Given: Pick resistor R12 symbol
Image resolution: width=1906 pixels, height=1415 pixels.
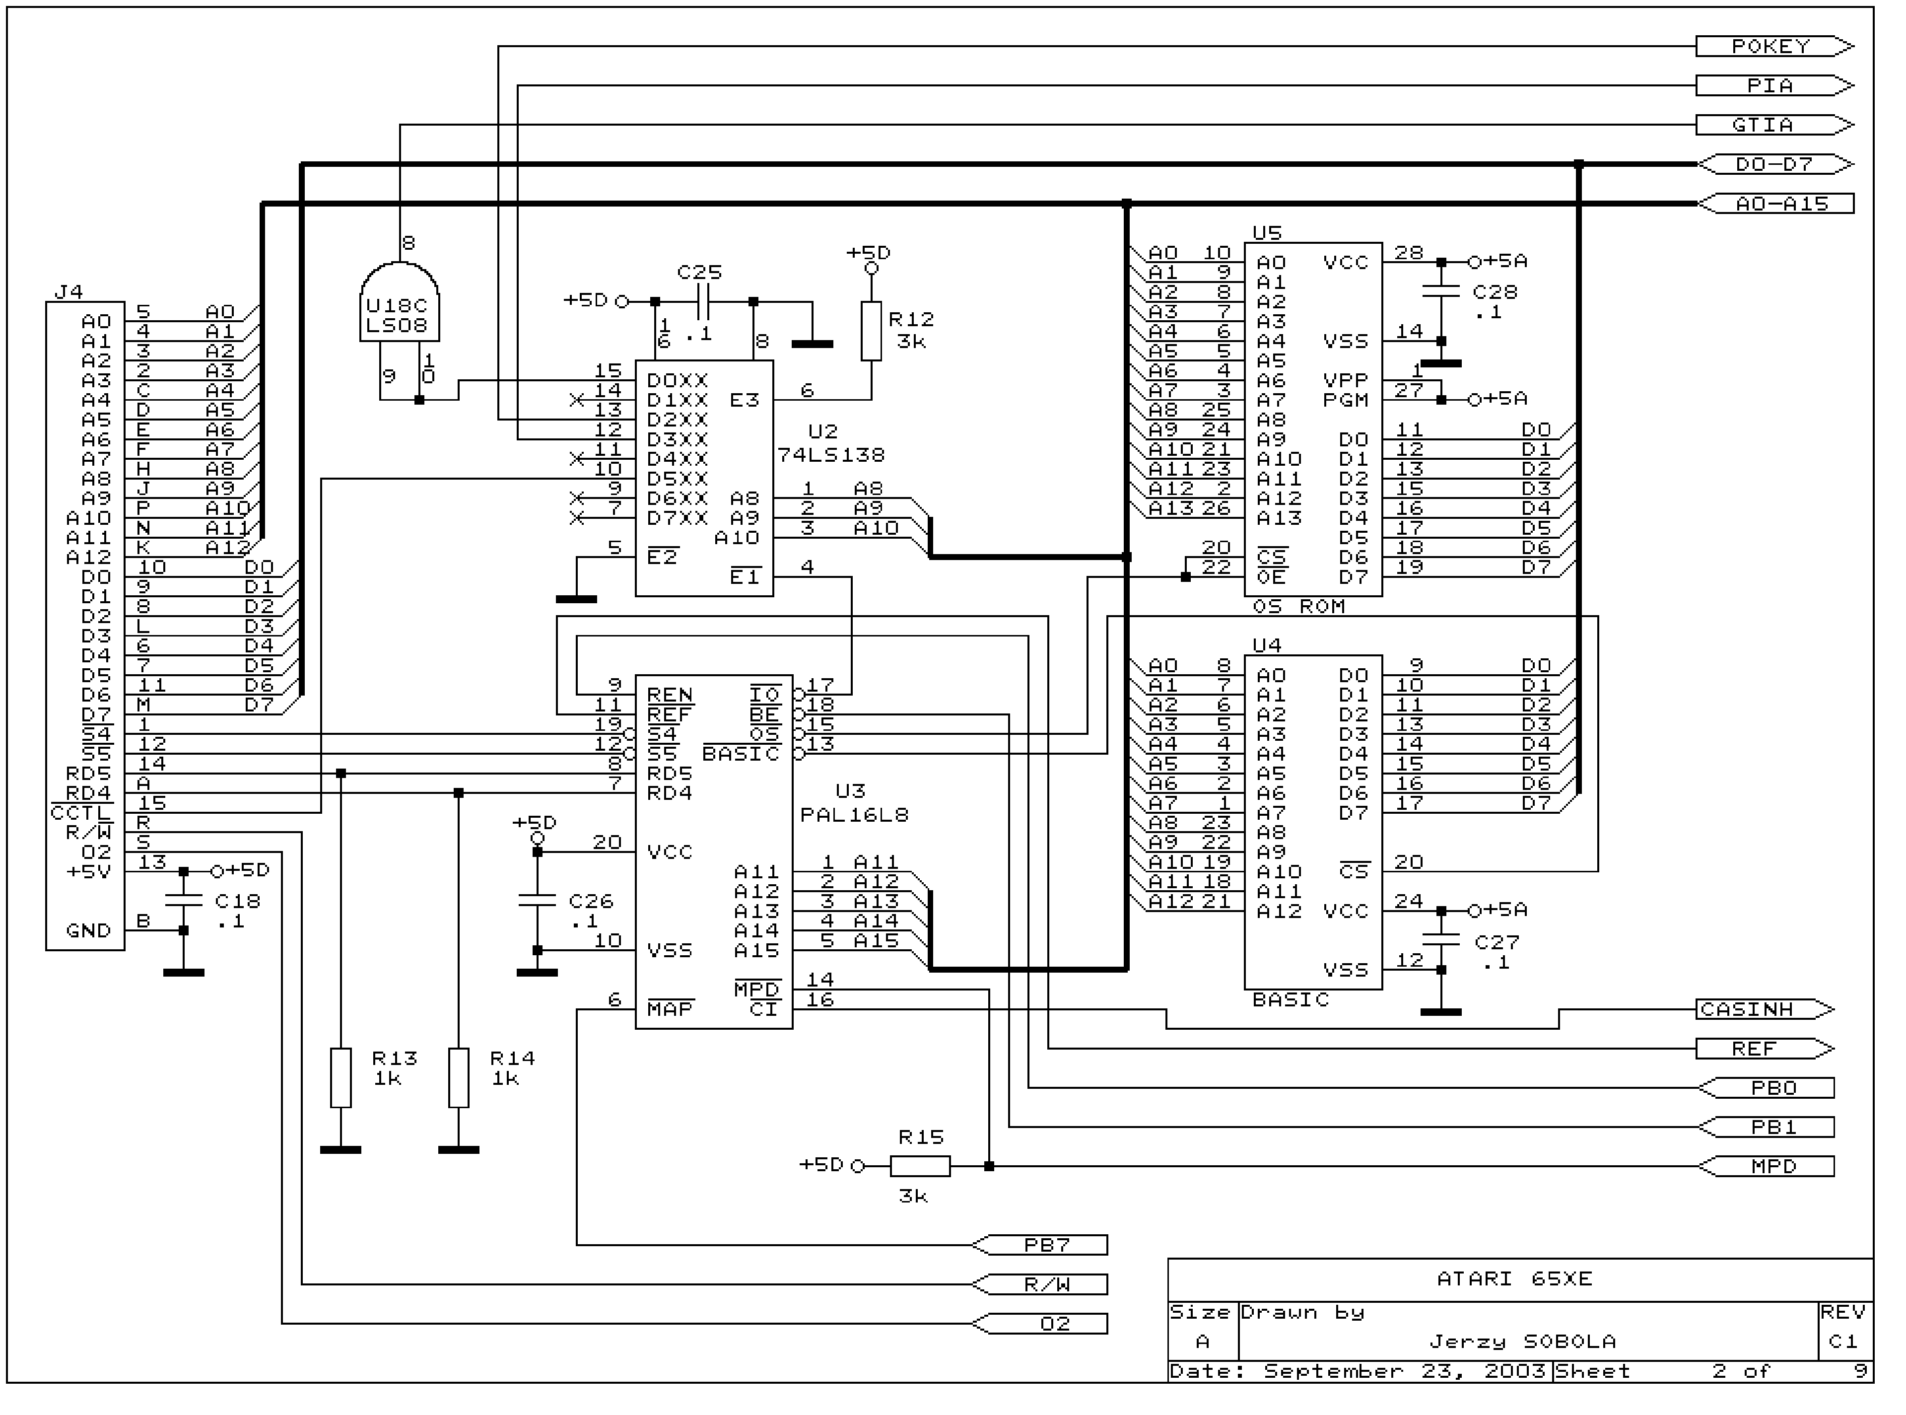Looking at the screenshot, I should click(871, 331).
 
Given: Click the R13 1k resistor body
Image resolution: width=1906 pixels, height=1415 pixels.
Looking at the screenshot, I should click(341, 1077).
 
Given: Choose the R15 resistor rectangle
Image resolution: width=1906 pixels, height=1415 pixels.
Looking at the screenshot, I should click(920, 1166).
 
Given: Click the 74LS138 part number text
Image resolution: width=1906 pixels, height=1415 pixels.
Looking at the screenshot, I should click(830, 455).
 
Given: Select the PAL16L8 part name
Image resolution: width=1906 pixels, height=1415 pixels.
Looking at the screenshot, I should click(854, 815).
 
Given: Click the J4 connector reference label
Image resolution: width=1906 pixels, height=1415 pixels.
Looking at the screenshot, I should click(68, 292).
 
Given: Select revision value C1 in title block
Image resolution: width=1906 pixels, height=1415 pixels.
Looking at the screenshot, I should click(1842, 1342).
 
